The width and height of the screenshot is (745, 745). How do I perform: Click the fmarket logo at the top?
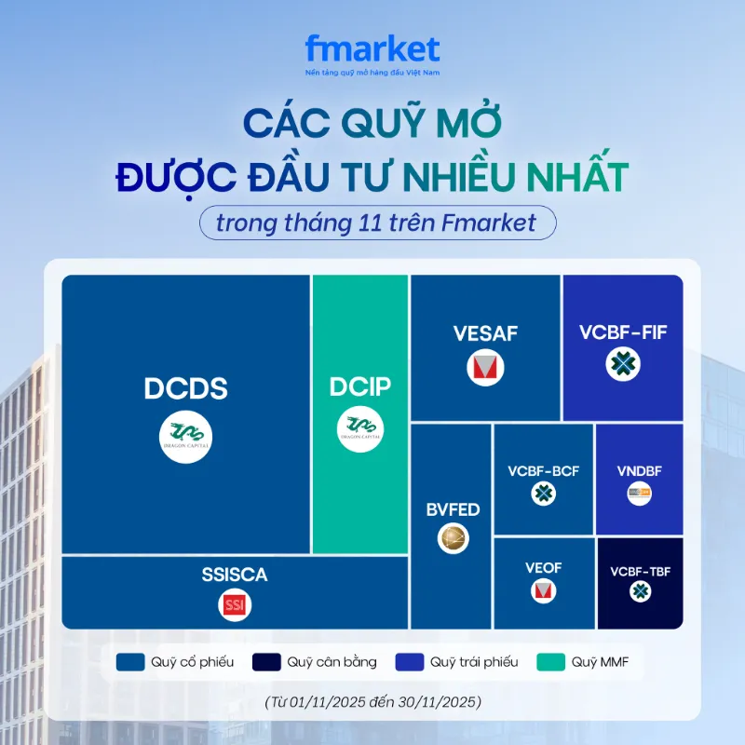pos(372,49)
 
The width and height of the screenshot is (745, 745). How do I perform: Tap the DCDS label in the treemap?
pos(186,388)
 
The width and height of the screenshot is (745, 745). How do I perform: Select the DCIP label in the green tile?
pos(360,387)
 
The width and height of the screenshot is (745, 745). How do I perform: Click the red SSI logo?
pos(234,605)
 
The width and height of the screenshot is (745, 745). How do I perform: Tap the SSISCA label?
pos(234,575)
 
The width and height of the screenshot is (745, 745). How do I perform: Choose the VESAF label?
pos(485,333)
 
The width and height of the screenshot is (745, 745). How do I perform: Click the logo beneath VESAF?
pos(485,368)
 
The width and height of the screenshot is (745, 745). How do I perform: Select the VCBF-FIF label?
pos(623,332)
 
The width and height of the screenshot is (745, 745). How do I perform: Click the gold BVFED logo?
pos(454,537)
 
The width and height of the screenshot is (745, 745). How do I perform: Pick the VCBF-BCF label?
pos(543,471)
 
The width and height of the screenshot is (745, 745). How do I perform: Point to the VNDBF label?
pos(639,471)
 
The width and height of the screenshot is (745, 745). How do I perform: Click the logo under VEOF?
pos(543,591)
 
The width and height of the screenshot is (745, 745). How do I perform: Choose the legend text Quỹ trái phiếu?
pos(474,663)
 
